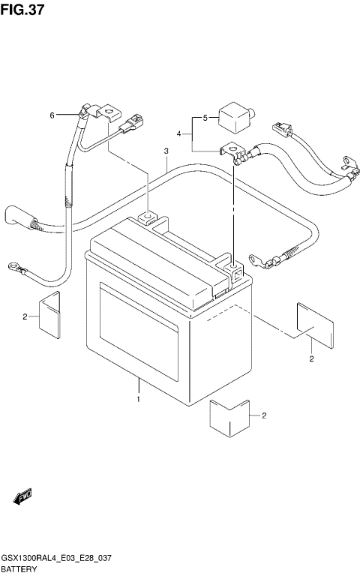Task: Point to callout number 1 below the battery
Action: click(x=138, y=400)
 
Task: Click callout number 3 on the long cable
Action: click(x=165, y=152)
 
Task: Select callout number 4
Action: click(x=179, y=133)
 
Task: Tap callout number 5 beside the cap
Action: click(x=203, y=118)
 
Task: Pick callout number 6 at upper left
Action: click(x=52, y=115)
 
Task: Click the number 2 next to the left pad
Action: click(x=25, y=317)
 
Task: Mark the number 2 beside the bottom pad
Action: click(x=264, y=415)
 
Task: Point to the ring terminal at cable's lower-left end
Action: click(x=13, y=265)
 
